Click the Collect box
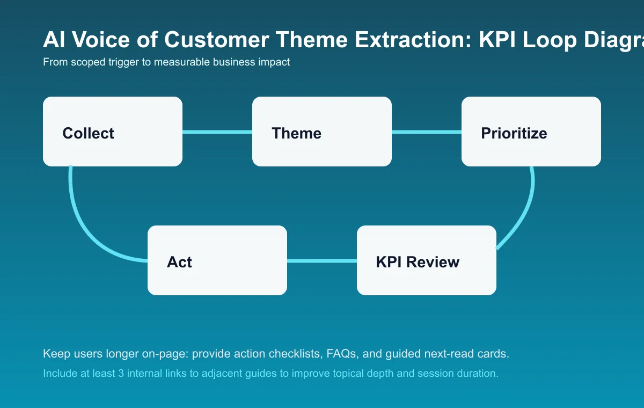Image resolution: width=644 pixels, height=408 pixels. pyautogui.click(x=113, y=132)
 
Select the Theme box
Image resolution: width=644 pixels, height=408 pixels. pyautogui.click(x=322, y=132)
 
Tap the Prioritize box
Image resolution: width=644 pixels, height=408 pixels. pyautogui.click(x=531, y=132)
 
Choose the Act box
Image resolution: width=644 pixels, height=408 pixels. pyautogui.click(x=217, y=260)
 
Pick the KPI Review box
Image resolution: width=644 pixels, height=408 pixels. pyautogui.click(x=427, y=260)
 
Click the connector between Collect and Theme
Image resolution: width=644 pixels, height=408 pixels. pyautogui.click(x=217, y=132)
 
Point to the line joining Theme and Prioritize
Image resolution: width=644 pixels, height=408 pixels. pyautogui.click(x=427, y=132)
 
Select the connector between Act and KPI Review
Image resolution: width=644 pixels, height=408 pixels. pyautogui.click(x=322, y=261)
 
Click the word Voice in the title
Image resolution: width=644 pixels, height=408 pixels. pyautogui.click(x=97, y=40)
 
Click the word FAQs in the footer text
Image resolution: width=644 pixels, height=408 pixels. pyautogui.click(x=347, y=354)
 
